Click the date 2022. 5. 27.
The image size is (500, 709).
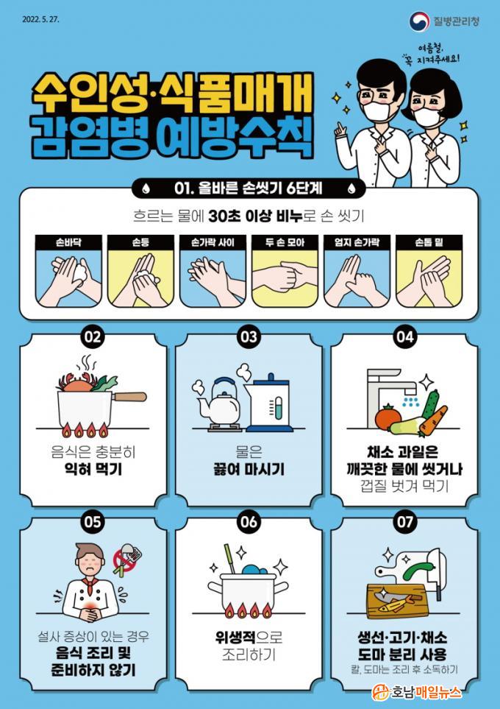[x=40, y=19]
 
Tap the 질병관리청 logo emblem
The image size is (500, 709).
[x=419, y=21]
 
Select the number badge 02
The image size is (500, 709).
[x=93, y=337]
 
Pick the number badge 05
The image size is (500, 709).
[x=93, y=522]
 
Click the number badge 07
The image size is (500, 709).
[x=405, y=522]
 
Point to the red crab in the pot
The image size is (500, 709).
[x=76, y=384]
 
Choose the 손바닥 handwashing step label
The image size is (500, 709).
[x=68, y=242]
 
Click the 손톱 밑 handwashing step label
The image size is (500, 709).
[x=429, y=242]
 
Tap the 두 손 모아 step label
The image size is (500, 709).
[x=285, y=242]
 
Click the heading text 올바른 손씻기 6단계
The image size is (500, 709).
[x=249, y=188]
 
